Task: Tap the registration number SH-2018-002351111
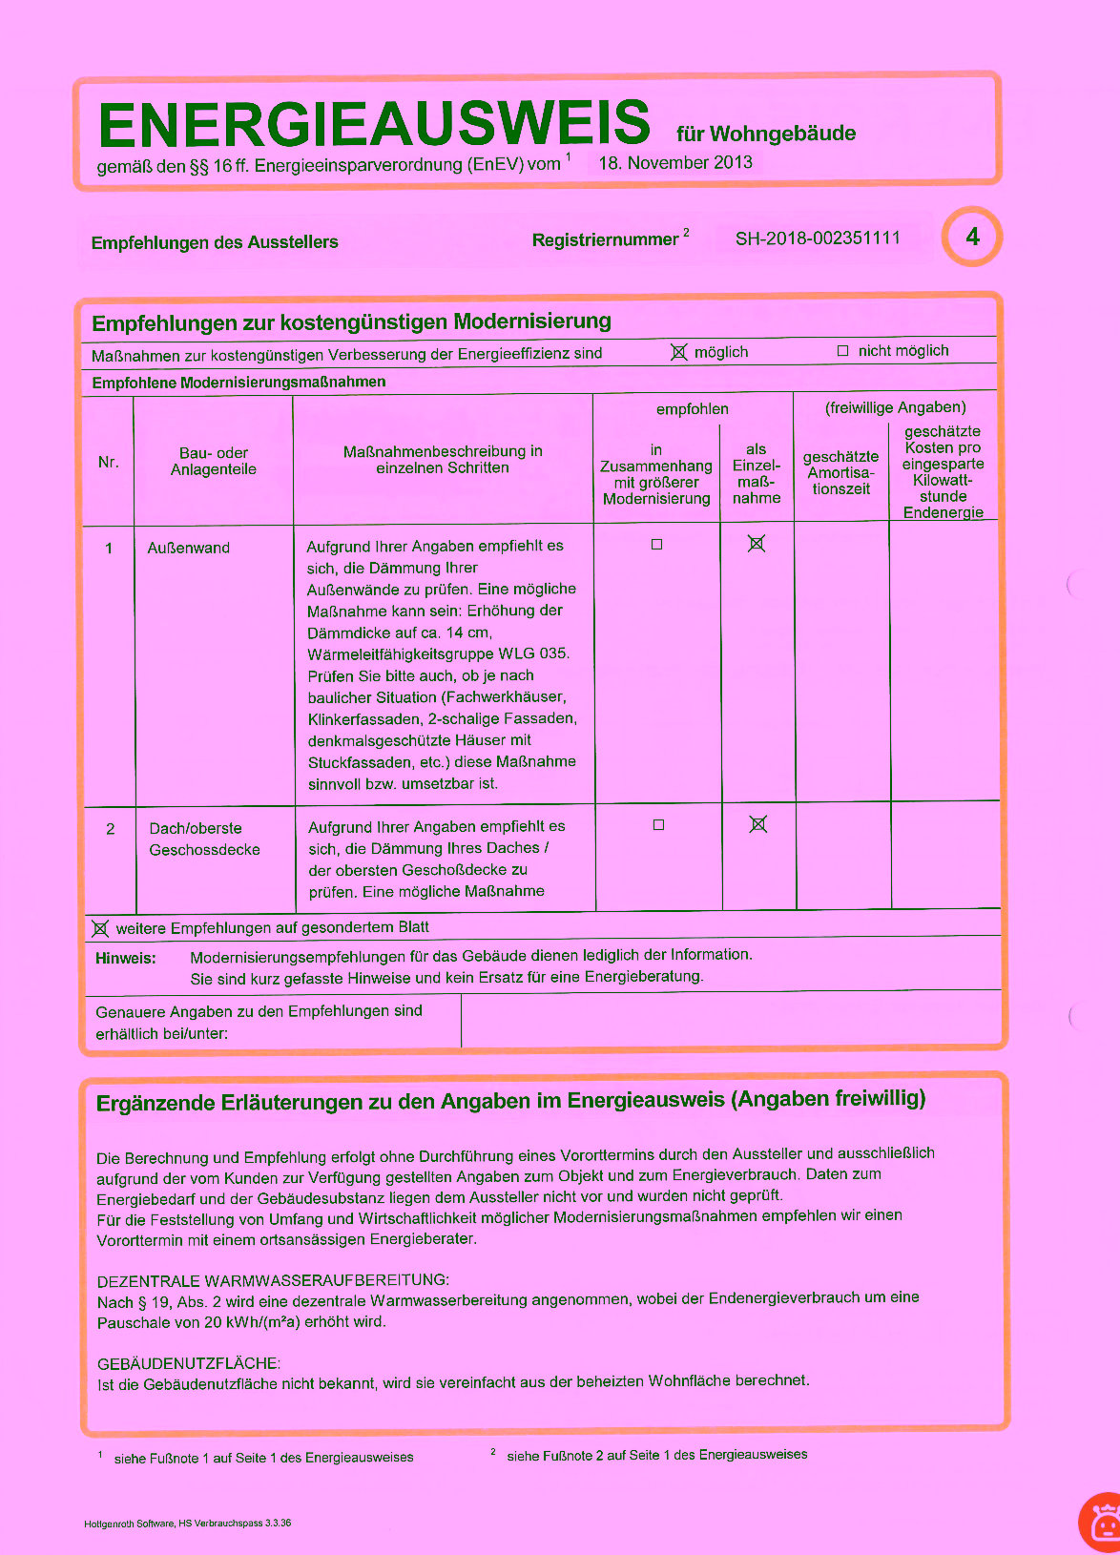coord(818,238)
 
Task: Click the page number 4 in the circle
coord(972,237)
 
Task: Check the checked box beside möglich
coord(678,352)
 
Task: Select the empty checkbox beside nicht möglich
coord(842,351)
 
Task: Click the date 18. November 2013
coord(675,162)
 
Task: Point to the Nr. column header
coord(109,462)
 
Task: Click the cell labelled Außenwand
coord(189,548)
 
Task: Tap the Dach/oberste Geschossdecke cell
coord(204,839)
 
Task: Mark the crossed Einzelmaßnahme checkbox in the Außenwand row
coord(757,544)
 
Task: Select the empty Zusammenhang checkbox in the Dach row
coord(658,825)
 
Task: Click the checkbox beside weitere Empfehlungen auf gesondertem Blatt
coord(100,928)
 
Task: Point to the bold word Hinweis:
coord(126,958)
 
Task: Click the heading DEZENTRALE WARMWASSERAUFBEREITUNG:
coord(273,1280)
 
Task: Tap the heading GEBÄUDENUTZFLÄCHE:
coord(189,1363)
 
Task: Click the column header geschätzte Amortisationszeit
coord(840,472)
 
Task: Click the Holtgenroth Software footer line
coord(188,1523)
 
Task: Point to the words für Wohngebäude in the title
coord(766,134)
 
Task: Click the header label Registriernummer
coord(605,239)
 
